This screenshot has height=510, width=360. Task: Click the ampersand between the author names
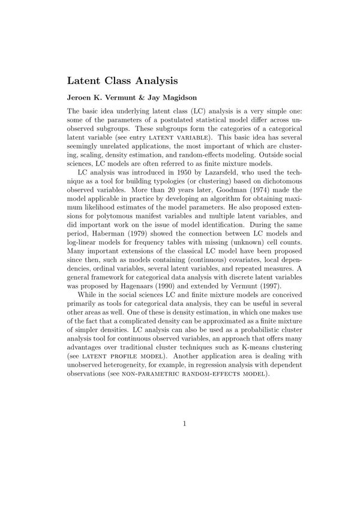[x=143, y=98]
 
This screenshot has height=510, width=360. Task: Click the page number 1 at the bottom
[x=185, y=424]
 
